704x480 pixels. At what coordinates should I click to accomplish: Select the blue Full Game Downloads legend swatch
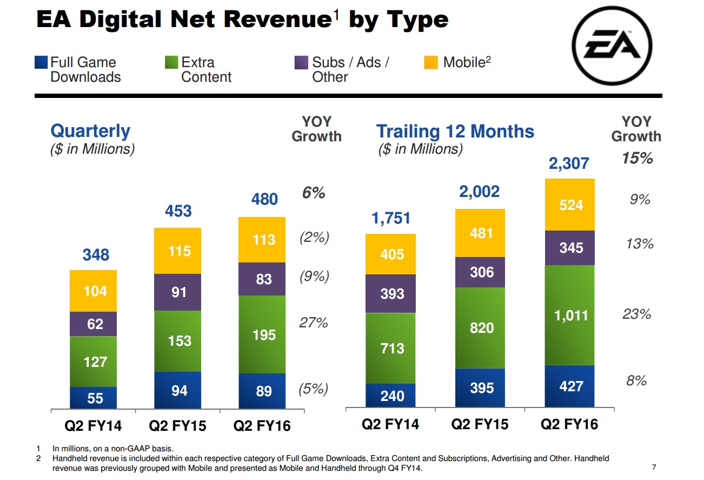(41, 62)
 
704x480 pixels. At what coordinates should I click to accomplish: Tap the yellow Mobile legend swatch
(430, 62)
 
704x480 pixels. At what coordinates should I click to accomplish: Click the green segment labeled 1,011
(570, 315)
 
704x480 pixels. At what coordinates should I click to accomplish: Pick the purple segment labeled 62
(94, 324)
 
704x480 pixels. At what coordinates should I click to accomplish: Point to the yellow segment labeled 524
(570, 205)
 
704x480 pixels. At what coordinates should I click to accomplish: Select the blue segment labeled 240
(391, 395)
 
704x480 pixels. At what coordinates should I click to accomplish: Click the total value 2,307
(568, 163)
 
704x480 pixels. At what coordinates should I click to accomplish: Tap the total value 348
(95, 255)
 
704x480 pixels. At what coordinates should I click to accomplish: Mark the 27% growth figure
(314, 323)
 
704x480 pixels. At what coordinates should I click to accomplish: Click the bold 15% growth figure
(637, 158)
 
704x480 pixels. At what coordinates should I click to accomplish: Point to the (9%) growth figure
(314, 277)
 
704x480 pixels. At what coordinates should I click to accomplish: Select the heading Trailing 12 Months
(455, 131)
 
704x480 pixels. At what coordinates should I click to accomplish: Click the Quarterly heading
(90, 131)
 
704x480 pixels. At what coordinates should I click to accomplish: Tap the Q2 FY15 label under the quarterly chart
(178, 425)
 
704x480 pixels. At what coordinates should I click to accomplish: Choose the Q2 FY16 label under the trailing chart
(569, 424)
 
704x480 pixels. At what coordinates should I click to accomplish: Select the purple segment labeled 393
(391, 293)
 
